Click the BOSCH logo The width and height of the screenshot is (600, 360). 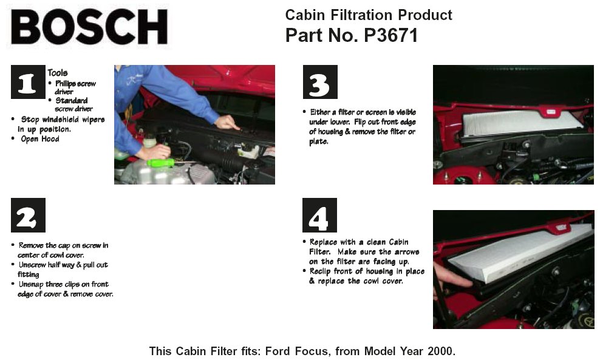pyautogui.click(x=89, y=27)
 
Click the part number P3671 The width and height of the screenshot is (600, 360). pyautogui.click(x=390, y=35)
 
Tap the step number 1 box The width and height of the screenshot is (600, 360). pyautogui.click(x=28, y=82)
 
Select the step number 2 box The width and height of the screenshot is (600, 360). pyautogui.click(x=28, y=215)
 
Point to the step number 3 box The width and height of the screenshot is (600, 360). pyautogui.click(x=320, y=82)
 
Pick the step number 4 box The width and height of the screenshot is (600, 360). pyautogui.click(x=319, y=215)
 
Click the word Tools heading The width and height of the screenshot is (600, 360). pyautogui.click(x=58, y=73)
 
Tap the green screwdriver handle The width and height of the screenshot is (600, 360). pyautogui.click(x=161, y=163)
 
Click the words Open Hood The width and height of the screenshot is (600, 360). pyautogui.click(x=40, y=139)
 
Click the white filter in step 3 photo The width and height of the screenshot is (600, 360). pyautogui.click(x=522, y=123)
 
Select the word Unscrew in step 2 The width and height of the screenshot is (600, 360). pyautogui.click(x=32, y=265)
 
